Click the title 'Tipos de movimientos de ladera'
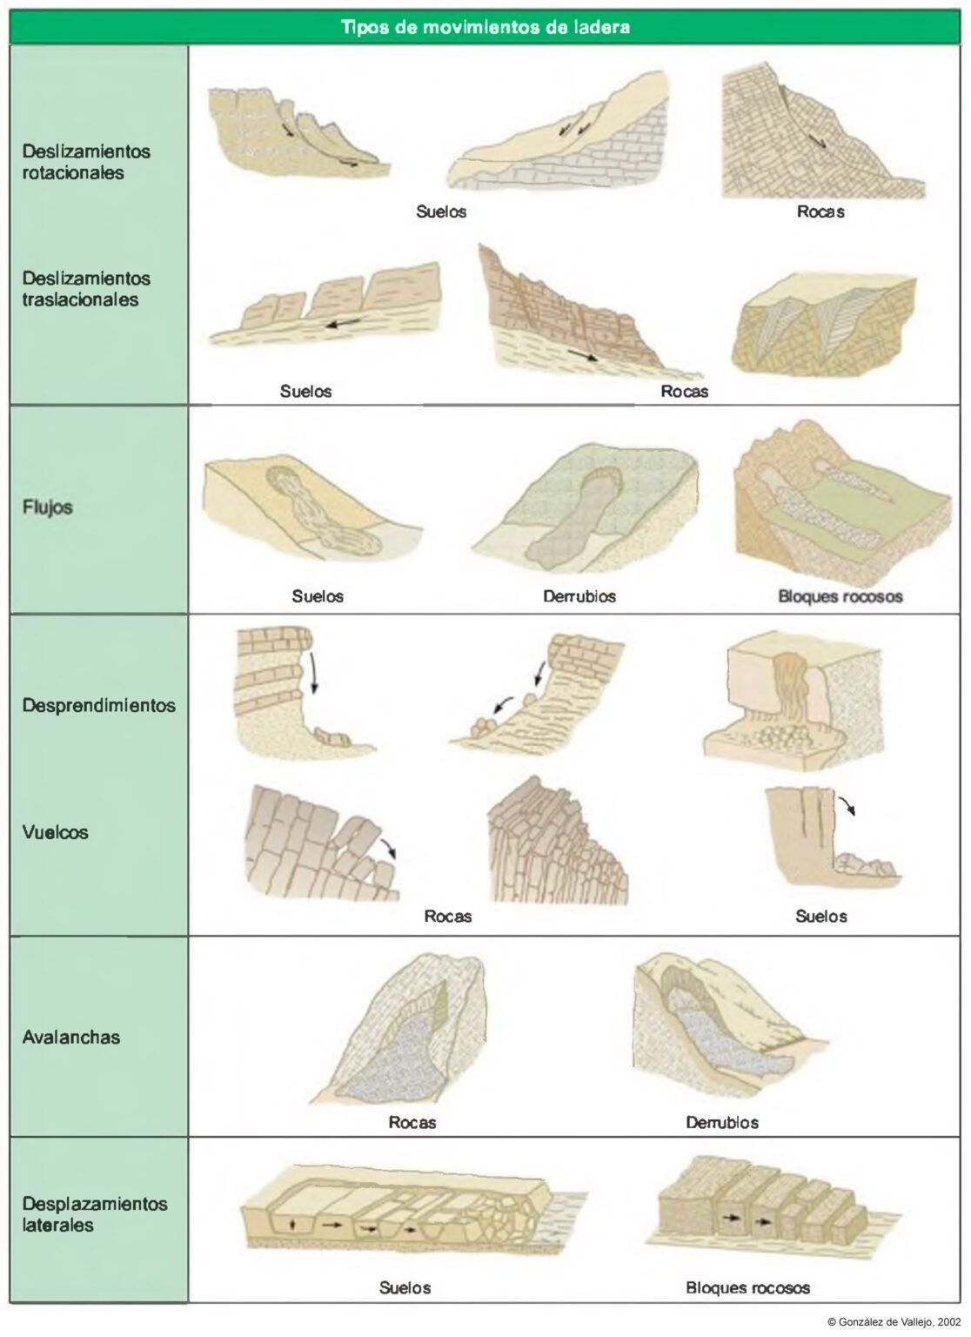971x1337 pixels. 485,28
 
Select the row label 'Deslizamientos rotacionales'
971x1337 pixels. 86,162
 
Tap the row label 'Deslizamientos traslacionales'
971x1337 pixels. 86,289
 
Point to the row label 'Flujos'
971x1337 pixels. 47,507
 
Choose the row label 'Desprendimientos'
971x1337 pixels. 98,705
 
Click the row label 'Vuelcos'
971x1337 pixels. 55,832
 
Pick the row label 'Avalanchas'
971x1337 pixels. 71,1037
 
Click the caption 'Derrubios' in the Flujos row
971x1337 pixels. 579,596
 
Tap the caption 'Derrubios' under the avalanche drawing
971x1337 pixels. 721,1123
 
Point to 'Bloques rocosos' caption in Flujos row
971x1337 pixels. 840,596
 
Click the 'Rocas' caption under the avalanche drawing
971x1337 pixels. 412,1123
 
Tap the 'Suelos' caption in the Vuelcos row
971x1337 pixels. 821,917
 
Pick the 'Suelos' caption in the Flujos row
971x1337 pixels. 318,596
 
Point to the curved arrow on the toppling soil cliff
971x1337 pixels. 847,804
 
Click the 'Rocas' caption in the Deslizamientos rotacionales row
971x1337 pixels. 820,212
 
